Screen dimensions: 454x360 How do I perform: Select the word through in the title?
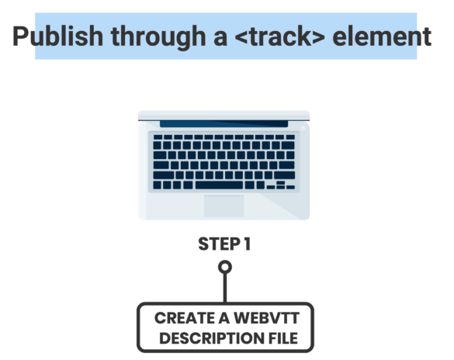tap(158, 37)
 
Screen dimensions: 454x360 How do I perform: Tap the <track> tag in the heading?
tap(279, 36)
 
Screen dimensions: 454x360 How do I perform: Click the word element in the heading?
tap(382, 36)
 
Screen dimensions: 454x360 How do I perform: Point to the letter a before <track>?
tap(220, 39)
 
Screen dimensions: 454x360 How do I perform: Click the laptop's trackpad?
tap(224, 206)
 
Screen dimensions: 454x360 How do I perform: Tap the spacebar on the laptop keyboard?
tap(219, 185)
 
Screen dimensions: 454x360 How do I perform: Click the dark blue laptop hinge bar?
tap(224, 124)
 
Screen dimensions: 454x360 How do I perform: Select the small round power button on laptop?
tap(303, 128)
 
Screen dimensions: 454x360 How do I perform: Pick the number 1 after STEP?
tap(247, 244)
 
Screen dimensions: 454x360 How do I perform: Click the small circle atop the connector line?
tap(225, 267)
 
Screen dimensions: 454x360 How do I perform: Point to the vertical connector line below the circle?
tap(225, 288)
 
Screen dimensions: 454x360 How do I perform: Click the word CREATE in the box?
tap(185, 318)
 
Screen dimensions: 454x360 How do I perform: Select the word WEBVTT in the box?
tap(266, 318)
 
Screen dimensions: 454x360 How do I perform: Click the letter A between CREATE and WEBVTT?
tap(224, 318)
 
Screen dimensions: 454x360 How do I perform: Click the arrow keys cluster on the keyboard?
tap(281, 185)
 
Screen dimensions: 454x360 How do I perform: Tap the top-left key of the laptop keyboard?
tap(158, 137)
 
